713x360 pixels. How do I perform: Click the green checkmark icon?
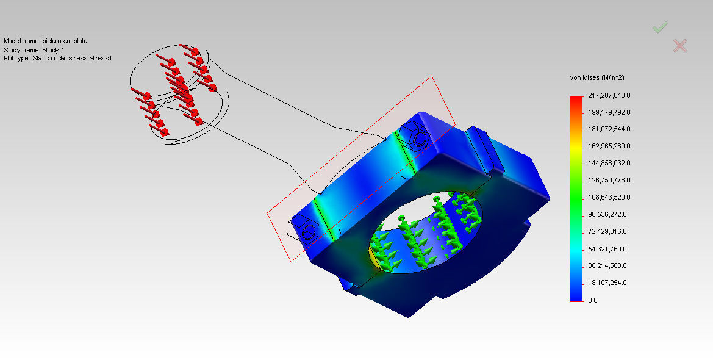pos(660,27)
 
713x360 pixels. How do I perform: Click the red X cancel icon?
pos(680,46)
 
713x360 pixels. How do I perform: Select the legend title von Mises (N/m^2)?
pos(597,78)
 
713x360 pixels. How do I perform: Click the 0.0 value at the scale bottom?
pos(592,300)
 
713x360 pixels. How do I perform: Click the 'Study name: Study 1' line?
pos(34,49)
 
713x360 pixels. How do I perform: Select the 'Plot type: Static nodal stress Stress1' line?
pos(57,58)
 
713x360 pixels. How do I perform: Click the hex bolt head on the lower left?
pos(309,232)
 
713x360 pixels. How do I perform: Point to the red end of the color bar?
pos(576,101)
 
